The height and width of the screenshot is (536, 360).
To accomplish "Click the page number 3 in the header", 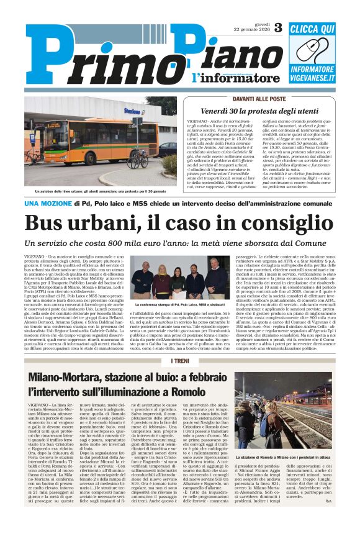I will [277, 27].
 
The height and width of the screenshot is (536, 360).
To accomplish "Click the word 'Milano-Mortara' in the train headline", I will [74, 377].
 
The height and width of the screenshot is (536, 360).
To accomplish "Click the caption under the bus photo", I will [99, 191].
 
